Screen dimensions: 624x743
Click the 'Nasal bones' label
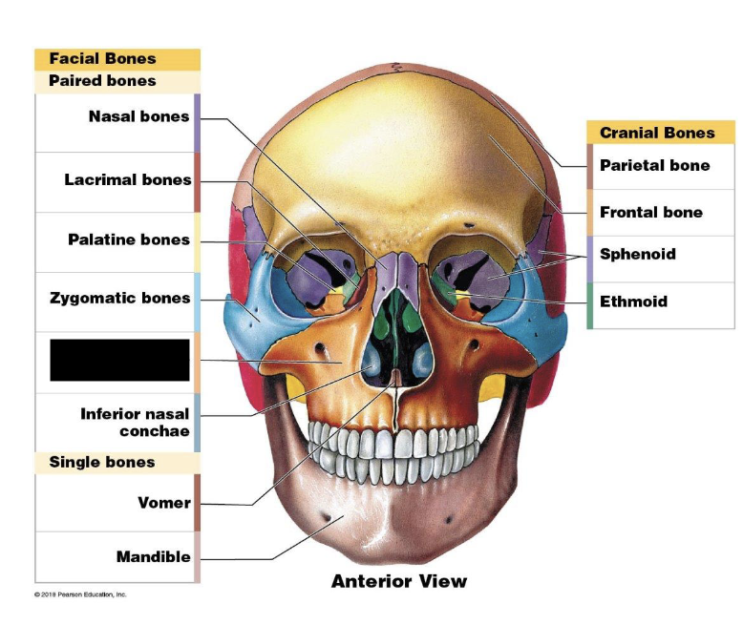click(138, 117)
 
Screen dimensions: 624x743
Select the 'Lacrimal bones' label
click(128, 180)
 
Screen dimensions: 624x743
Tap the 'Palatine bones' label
click(129, 239)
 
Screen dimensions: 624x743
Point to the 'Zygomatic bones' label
click(120, 299)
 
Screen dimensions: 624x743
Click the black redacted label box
click(119, 360)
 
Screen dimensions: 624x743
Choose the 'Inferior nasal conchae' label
click(135, 422)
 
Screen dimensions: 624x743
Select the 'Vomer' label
click(164, 503)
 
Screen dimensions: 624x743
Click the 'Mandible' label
click(153, 556)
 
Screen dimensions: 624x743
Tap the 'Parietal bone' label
click(654, 166)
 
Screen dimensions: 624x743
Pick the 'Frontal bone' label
click(650, 213)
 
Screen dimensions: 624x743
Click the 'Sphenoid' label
click(637, 254)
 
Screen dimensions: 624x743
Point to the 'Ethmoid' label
click(633, 302)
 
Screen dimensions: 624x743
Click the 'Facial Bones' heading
click(102, 59)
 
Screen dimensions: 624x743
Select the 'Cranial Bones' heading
click(657, 133)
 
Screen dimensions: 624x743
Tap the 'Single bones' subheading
click(101, 463)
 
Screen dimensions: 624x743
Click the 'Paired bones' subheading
click(102, 81)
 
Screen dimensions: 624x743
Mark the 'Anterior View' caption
click(398, 581)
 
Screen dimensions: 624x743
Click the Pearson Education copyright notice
click(80, 594)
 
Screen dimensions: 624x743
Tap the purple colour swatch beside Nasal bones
click(197, 123)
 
